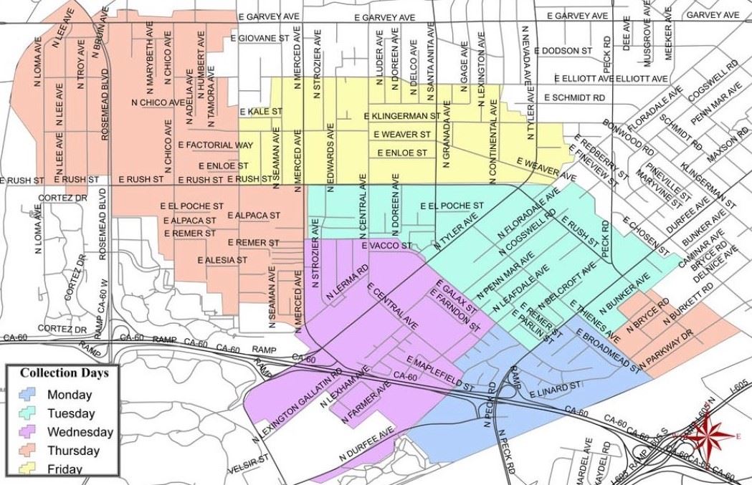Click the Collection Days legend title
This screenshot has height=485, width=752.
click(x=65, y=373)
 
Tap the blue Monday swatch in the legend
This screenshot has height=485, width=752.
click(x=27, y=395)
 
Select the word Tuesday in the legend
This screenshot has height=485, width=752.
click(x=70, y=413)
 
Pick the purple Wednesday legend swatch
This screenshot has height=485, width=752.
click(x=27, y=432)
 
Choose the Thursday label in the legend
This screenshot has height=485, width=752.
click(x=72, y=451)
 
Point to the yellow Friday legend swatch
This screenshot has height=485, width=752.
click(x=27, y=469)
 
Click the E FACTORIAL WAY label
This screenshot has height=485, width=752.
click(x=215, y=145)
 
